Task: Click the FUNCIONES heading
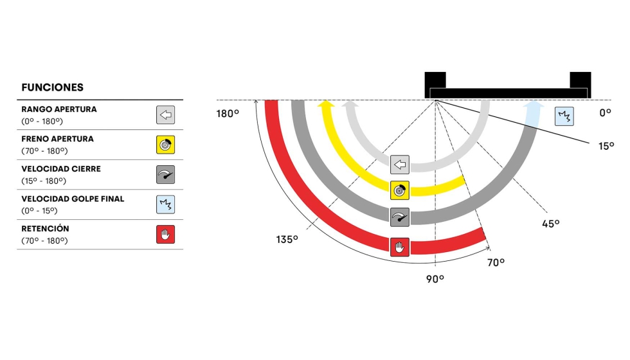point(52,87)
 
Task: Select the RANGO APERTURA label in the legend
point(59,109)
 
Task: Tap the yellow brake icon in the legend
point(166,145)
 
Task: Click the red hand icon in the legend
point(166,234)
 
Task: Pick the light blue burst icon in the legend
point(166,204)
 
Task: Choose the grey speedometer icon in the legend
point(166,174)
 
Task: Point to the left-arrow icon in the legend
point(166,115)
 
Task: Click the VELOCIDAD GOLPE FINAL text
point(73,199)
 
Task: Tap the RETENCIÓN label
point(46,229)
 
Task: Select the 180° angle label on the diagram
point(228,114)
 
